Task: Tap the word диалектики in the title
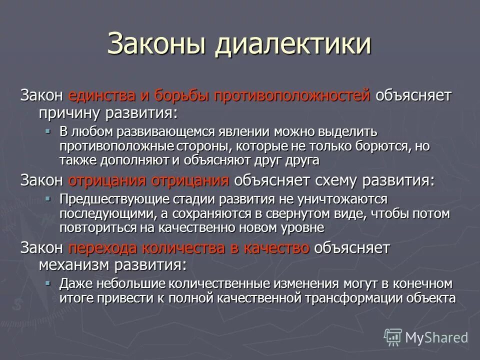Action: pyautogui.click(x=293, y=44)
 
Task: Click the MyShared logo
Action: pyautogui.click(x=426, y=337)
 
